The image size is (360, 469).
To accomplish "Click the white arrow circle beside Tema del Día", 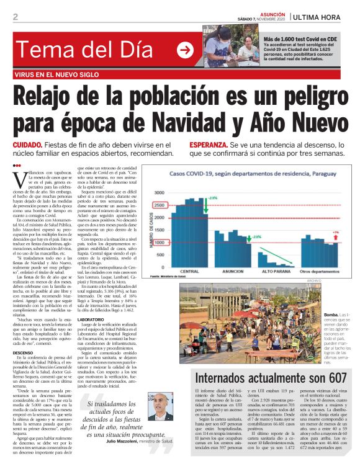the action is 185,50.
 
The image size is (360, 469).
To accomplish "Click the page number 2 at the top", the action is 15,17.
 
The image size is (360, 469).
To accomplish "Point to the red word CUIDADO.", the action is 27,145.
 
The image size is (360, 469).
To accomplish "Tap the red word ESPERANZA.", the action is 211,145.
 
